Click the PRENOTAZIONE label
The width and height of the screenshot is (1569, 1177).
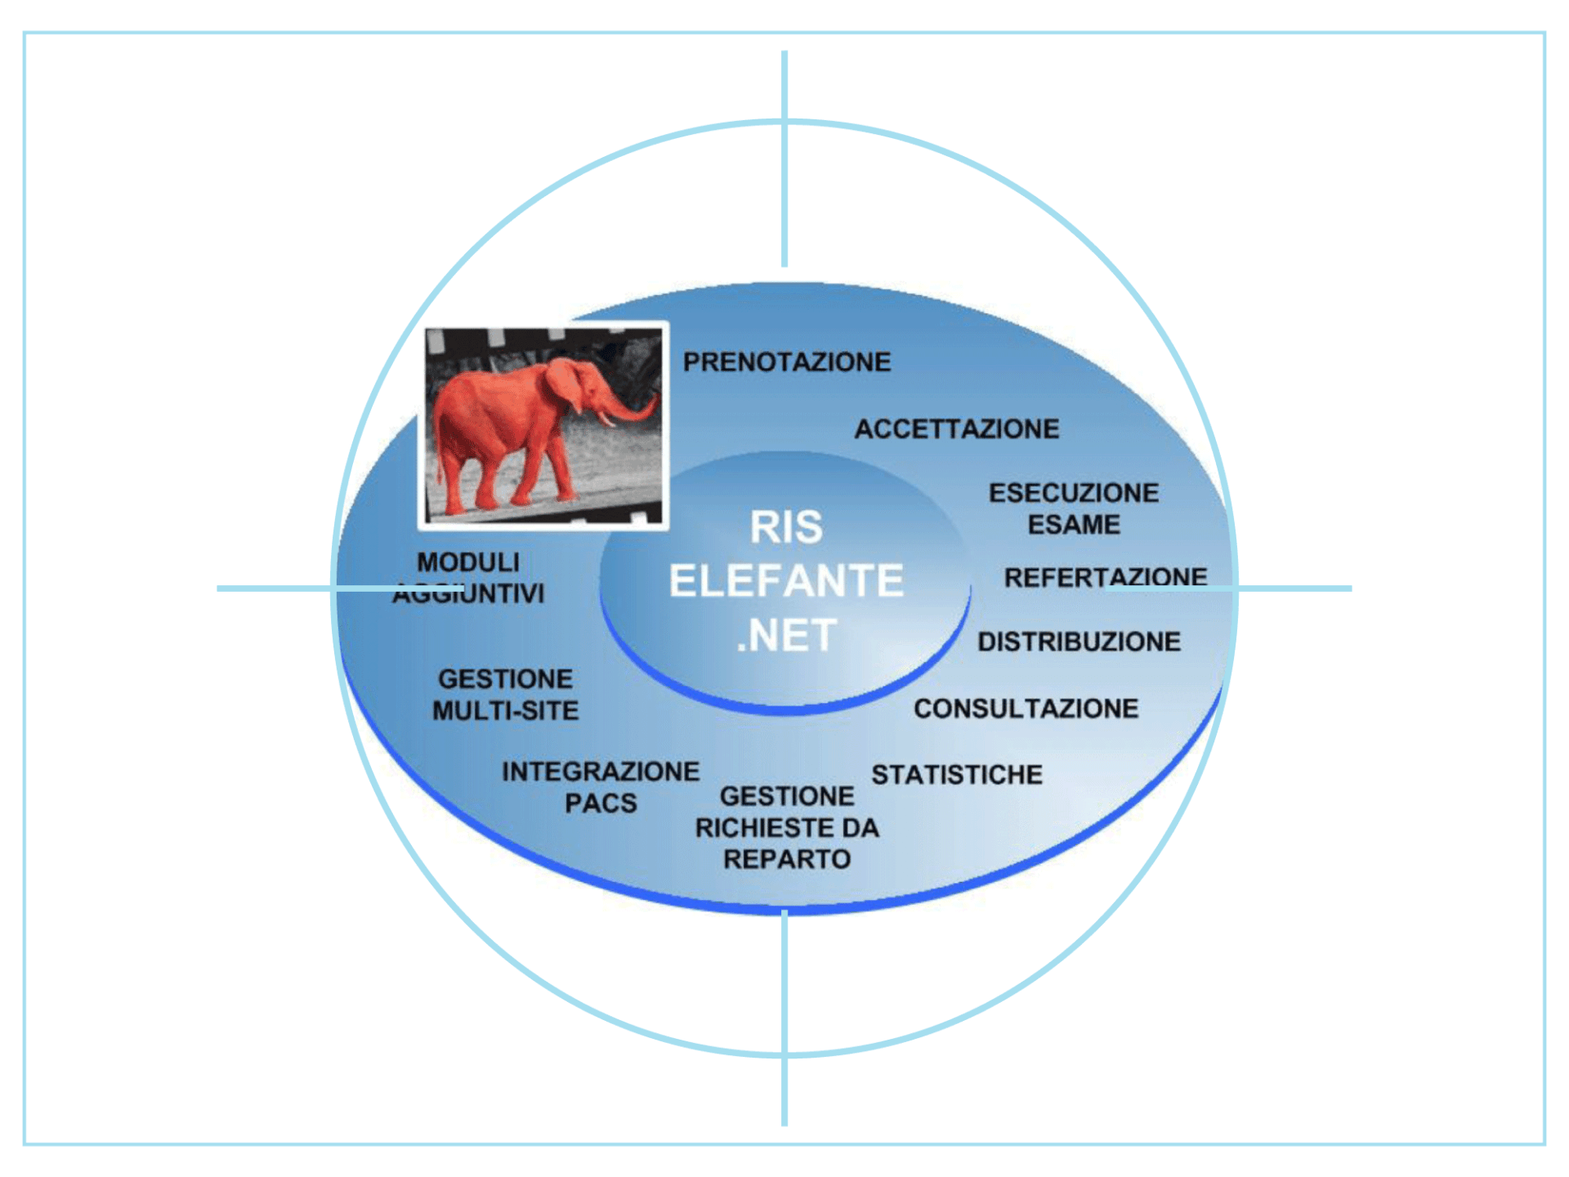[786, 362]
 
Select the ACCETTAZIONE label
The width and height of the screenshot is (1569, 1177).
[956, 429]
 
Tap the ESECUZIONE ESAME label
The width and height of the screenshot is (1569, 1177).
[1073, 508]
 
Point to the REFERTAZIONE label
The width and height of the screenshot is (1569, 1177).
[1105, 577]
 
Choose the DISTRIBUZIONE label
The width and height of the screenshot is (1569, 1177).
[1079, 642]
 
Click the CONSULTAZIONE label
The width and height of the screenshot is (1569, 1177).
[1026, 709]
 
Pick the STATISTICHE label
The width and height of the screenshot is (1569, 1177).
[956, 775]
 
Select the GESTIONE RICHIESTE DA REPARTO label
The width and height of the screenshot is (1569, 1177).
[787, 827]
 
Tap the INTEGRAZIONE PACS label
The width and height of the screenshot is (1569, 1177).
[601, 787]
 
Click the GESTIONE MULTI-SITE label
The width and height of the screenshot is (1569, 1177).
[505, 695]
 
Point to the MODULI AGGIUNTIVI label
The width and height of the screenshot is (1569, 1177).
[468, 577]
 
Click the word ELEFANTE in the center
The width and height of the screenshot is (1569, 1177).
[786, 581]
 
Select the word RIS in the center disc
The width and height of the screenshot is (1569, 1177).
[786, 527]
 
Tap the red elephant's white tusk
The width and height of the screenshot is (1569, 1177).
[606, 419]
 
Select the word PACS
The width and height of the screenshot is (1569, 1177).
[601, 803]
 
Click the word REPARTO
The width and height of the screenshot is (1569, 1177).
[787, 859]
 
